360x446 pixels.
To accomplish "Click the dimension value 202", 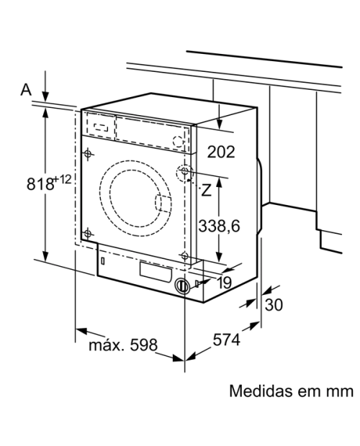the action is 221,152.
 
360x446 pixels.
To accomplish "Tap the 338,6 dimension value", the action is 219,226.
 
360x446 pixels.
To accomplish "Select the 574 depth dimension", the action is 227,340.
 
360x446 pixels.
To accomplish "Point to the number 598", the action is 143,345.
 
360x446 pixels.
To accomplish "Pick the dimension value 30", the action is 274,304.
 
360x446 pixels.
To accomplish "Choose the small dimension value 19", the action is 225,283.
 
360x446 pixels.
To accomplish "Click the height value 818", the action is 40,183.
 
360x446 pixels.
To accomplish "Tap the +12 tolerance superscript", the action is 62,179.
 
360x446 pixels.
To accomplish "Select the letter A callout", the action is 26,90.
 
